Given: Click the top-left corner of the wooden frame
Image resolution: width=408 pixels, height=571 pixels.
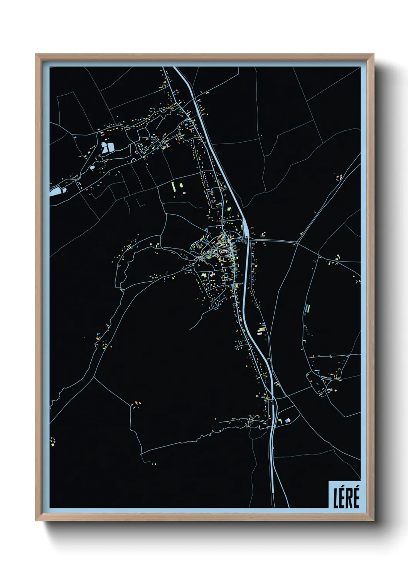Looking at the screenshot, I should (x=36, y=55).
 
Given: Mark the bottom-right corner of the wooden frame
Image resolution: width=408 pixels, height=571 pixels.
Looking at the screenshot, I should (x=373, y=520).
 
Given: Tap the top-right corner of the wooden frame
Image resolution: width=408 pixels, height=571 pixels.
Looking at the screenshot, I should (x=373, y=55).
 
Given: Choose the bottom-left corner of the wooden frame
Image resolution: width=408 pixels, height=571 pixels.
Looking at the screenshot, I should (x=36, y=520).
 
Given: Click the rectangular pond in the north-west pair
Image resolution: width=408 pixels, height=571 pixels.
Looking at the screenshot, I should (x=111, y=147).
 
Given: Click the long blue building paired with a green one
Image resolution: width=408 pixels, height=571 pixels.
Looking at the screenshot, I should (x=307, y=309).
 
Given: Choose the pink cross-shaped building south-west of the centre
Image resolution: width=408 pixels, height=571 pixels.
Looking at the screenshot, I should (x=211, y=274).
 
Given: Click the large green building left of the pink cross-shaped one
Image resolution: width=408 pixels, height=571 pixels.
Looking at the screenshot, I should (x=204, y=275).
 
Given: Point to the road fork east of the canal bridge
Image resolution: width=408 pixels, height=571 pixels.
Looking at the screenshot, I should (x=297, y=242).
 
